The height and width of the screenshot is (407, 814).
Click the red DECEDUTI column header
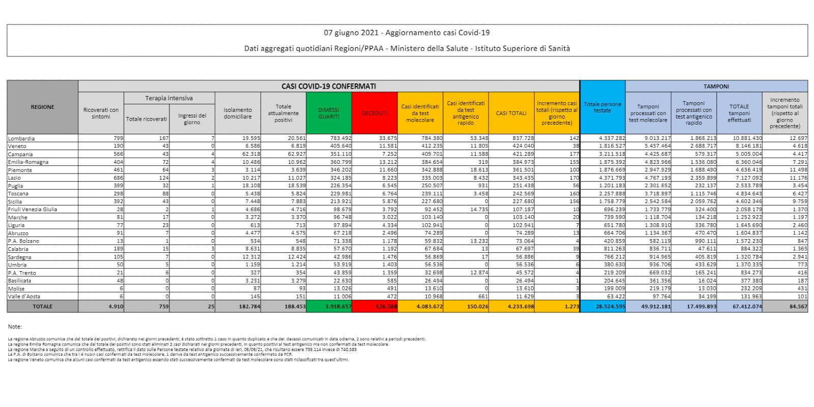pyautogui.click(x=374, y=113)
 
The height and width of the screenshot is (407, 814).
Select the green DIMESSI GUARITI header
pyautogui.click(x=328, y=113)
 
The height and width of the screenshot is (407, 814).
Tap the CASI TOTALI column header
pyautogui.click(x=511, y=113)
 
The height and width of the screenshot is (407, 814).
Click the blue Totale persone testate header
pyautogui.click(x=602, y=107)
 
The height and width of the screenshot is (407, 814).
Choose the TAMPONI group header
pyautogui.click(x=716, y=86)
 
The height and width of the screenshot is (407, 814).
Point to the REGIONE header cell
pyautogui.click(x=42, y=107)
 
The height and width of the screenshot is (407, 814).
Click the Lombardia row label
pyautogui.click(x=21, y=138)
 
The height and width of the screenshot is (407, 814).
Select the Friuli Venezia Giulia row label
pyautogui.click(x=33, y=210)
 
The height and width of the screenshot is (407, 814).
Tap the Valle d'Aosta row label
pyautogui.click(x=24, y=297)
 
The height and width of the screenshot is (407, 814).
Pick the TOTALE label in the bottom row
pyautogui.click(x=42, y=306)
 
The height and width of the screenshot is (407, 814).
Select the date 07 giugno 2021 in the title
pyautogui.click(x=351, y=33)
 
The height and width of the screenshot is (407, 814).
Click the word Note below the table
pyautogui.click(x=15, y=327)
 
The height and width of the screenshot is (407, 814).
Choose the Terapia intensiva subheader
pyautogui.click(x=169, y=98)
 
